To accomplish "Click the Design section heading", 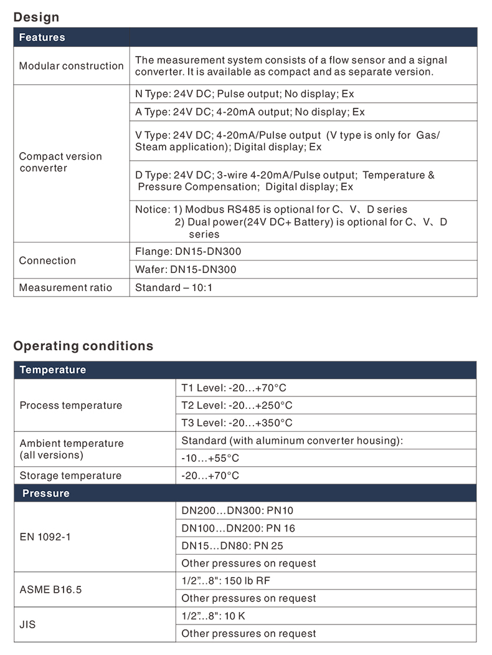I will point(36,17).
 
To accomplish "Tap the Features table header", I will point(42,37).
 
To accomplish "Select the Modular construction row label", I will point(71,65).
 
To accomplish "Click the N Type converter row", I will point(244,93).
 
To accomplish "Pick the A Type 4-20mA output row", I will point(250,112).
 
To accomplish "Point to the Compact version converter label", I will point(60,162).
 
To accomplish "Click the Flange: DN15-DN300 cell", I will point(187,252).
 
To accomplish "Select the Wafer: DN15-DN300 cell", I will point(186,270).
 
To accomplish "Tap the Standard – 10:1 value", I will point(173,287).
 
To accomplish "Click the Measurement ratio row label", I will point(65,287).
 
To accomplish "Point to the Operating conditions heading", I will point(83,346).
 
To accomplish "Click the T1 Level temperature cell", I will point(234,388).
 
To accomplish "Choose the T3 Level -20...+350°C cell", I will point(237,423).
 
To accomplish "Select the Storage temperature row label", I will point(70,476).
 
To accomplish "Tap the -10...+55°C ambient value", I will point(210,458).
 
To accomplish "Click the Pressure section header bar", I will point(45,493).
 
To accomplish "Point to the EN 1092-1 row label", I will point(45,536).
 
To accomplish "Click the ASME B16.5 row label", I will point(50,589).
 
